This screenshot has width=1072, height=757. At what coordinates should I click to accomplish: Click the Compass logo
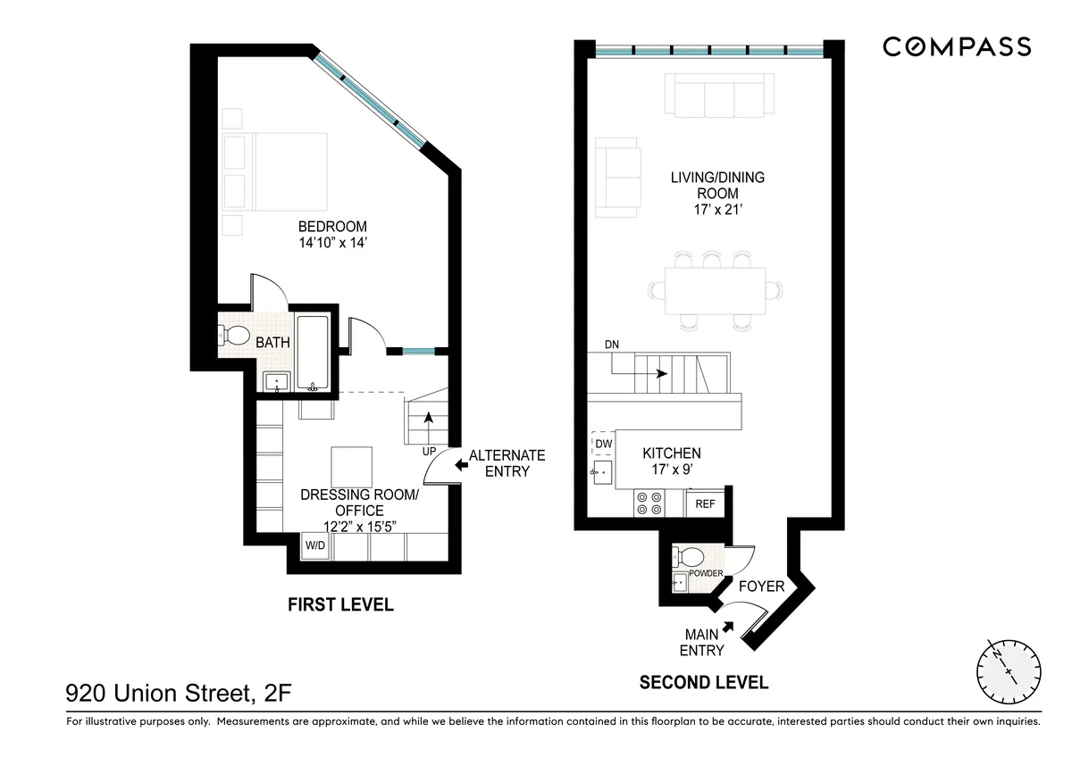click(x=957, y=46)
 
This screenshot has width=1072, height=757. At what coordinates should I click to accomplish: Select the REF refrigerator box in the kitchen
click(x=705, y=504)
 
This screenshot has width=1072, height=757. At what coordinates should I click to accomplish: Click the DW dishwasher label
click(x=603, y=444)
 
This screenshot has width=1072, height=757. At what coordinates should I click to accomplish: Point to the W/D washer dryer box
click(x=315, y=545)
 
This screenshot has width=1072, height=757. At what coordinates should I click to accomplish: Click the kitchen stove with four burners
click(x=649, y=503)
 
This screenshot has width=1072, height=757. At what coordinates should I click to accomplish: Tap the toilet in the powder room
click(x=689, y=556)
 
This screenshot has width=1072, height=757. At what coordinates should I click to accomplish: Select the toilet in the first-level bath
click(x=235, y=336)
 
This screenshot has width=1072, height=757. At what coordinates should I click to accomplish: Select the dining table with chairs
click(x=715, y=290)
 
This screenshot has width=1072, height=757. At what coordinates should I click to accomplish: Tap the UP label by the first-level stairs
click(x=429, y=452)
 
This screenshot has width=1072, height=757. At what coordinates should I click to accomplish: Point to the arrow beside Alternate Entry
click(x=461, y=464)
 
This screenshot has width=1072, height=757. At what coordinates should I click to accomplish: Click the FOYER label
click(x=761, y=586)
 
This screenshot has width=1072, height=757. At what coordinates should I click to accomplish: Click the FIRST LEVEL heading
click(x=339, y=605)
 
